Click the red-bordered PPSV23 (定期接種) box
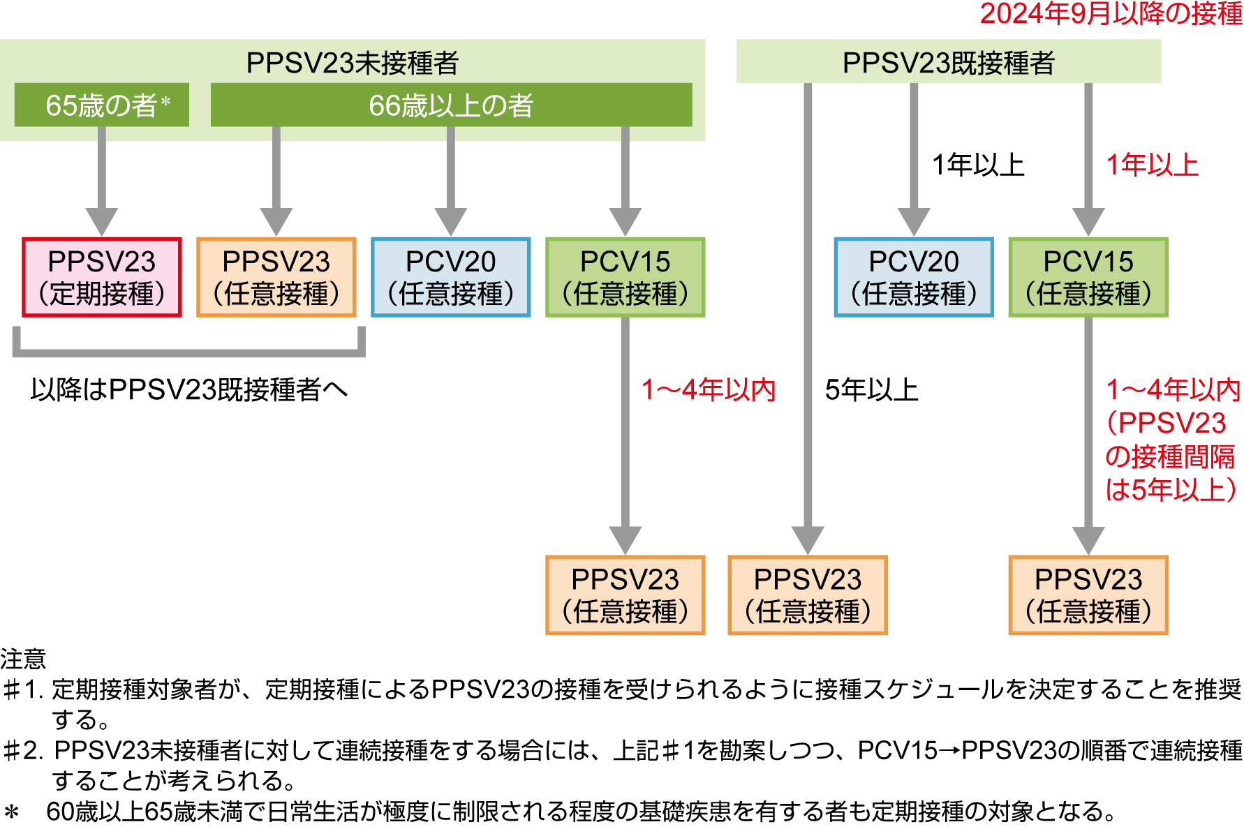point(102,277)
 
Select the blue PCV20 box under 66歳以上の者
point(451,277)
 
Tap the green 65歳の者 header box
point(102,105)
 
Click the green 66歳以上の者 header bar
point(451,105)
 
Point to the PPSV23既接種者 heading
point(948,63)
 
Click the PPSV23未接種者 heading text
point(352,63)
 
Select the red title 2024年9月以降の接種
point(1111,14)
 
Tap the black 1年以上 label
point(978,165)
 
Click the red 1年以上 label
point(1153,165)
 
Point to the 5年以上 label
point(871,390)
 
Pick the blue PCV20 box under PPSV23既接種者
point(914,277)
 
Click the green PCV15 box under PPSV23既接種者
point(1088,277)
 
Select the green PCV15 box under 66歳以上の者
point(625,277)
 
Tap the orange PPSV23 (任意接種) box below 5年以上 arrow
point(808,595)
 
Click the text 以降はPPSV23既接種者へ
point(188,390)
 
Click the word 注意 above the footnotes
point(23,659)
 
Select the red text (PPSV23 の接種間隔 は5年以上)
point(1171,456)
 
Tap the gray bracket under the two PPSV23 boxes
point(188,352)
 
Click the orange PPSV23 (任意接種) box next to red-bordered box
point(276,277)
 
